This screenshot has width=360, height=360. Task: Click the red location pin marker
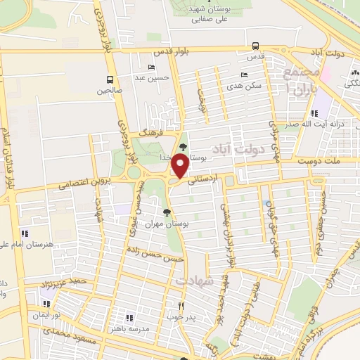pos(180,166)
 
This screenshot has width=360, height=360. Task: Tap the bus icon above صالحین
pos(110,79)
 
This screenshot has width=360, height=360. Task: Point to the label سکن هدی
pos(249,85)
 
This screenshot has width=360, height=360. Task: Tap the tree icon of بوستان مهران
pos(167,212)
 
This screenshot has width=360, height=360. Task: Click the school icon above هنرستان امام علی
pos(25,233)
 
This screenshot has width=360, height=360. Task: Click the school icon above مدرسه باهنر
pos(128,316)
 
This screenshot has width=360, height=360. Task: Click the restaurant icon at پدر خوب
pos(181,306)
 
